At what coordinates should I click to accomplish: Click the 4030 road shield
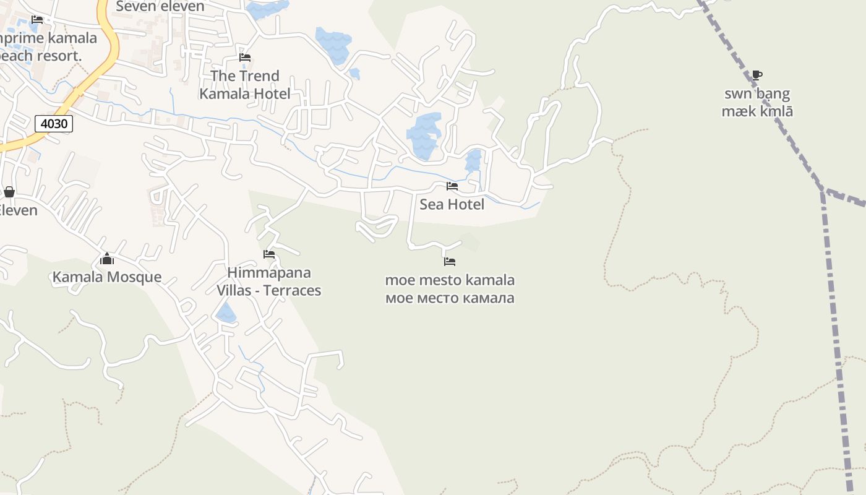tap(54, 124)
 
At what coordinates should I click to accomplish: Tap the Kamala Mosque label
tap(107, 277)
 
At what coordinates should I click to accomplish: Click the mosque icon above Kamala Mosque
tap(107, 259)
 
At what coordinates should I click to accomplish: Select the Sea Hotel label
tap(452, 204)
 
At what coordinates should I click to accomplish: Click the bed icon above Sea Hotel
tap(452, 186)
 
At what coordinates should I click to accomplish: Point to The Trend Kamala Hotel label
tap(245, 85)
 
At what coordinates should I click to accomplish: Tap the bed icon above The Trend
tap(245, 58)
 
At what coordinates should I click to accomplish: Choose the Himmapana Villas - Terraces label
tap(268, 282)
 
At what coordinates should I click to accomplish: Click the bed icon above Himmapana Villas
tap(268, 254)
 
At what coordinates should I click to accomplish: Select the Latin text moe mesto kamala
tap(450, 280)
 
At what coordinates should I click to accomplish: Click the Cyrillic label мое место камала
tap(450, 298)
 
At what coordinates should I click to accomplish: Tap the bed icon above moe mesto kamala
tap(450, 262)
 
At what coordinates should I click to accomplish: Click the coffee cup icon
tap(757, 75)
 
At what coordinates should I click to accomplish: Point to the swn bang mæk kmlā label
tap(757, 103)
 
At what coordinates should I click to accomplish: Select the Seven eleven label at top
tap(160, 7)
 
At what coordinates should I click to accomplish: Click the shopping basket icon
tap(9, 192)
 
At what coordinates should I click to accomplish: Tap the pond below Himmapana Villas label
tap(226, 314)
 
